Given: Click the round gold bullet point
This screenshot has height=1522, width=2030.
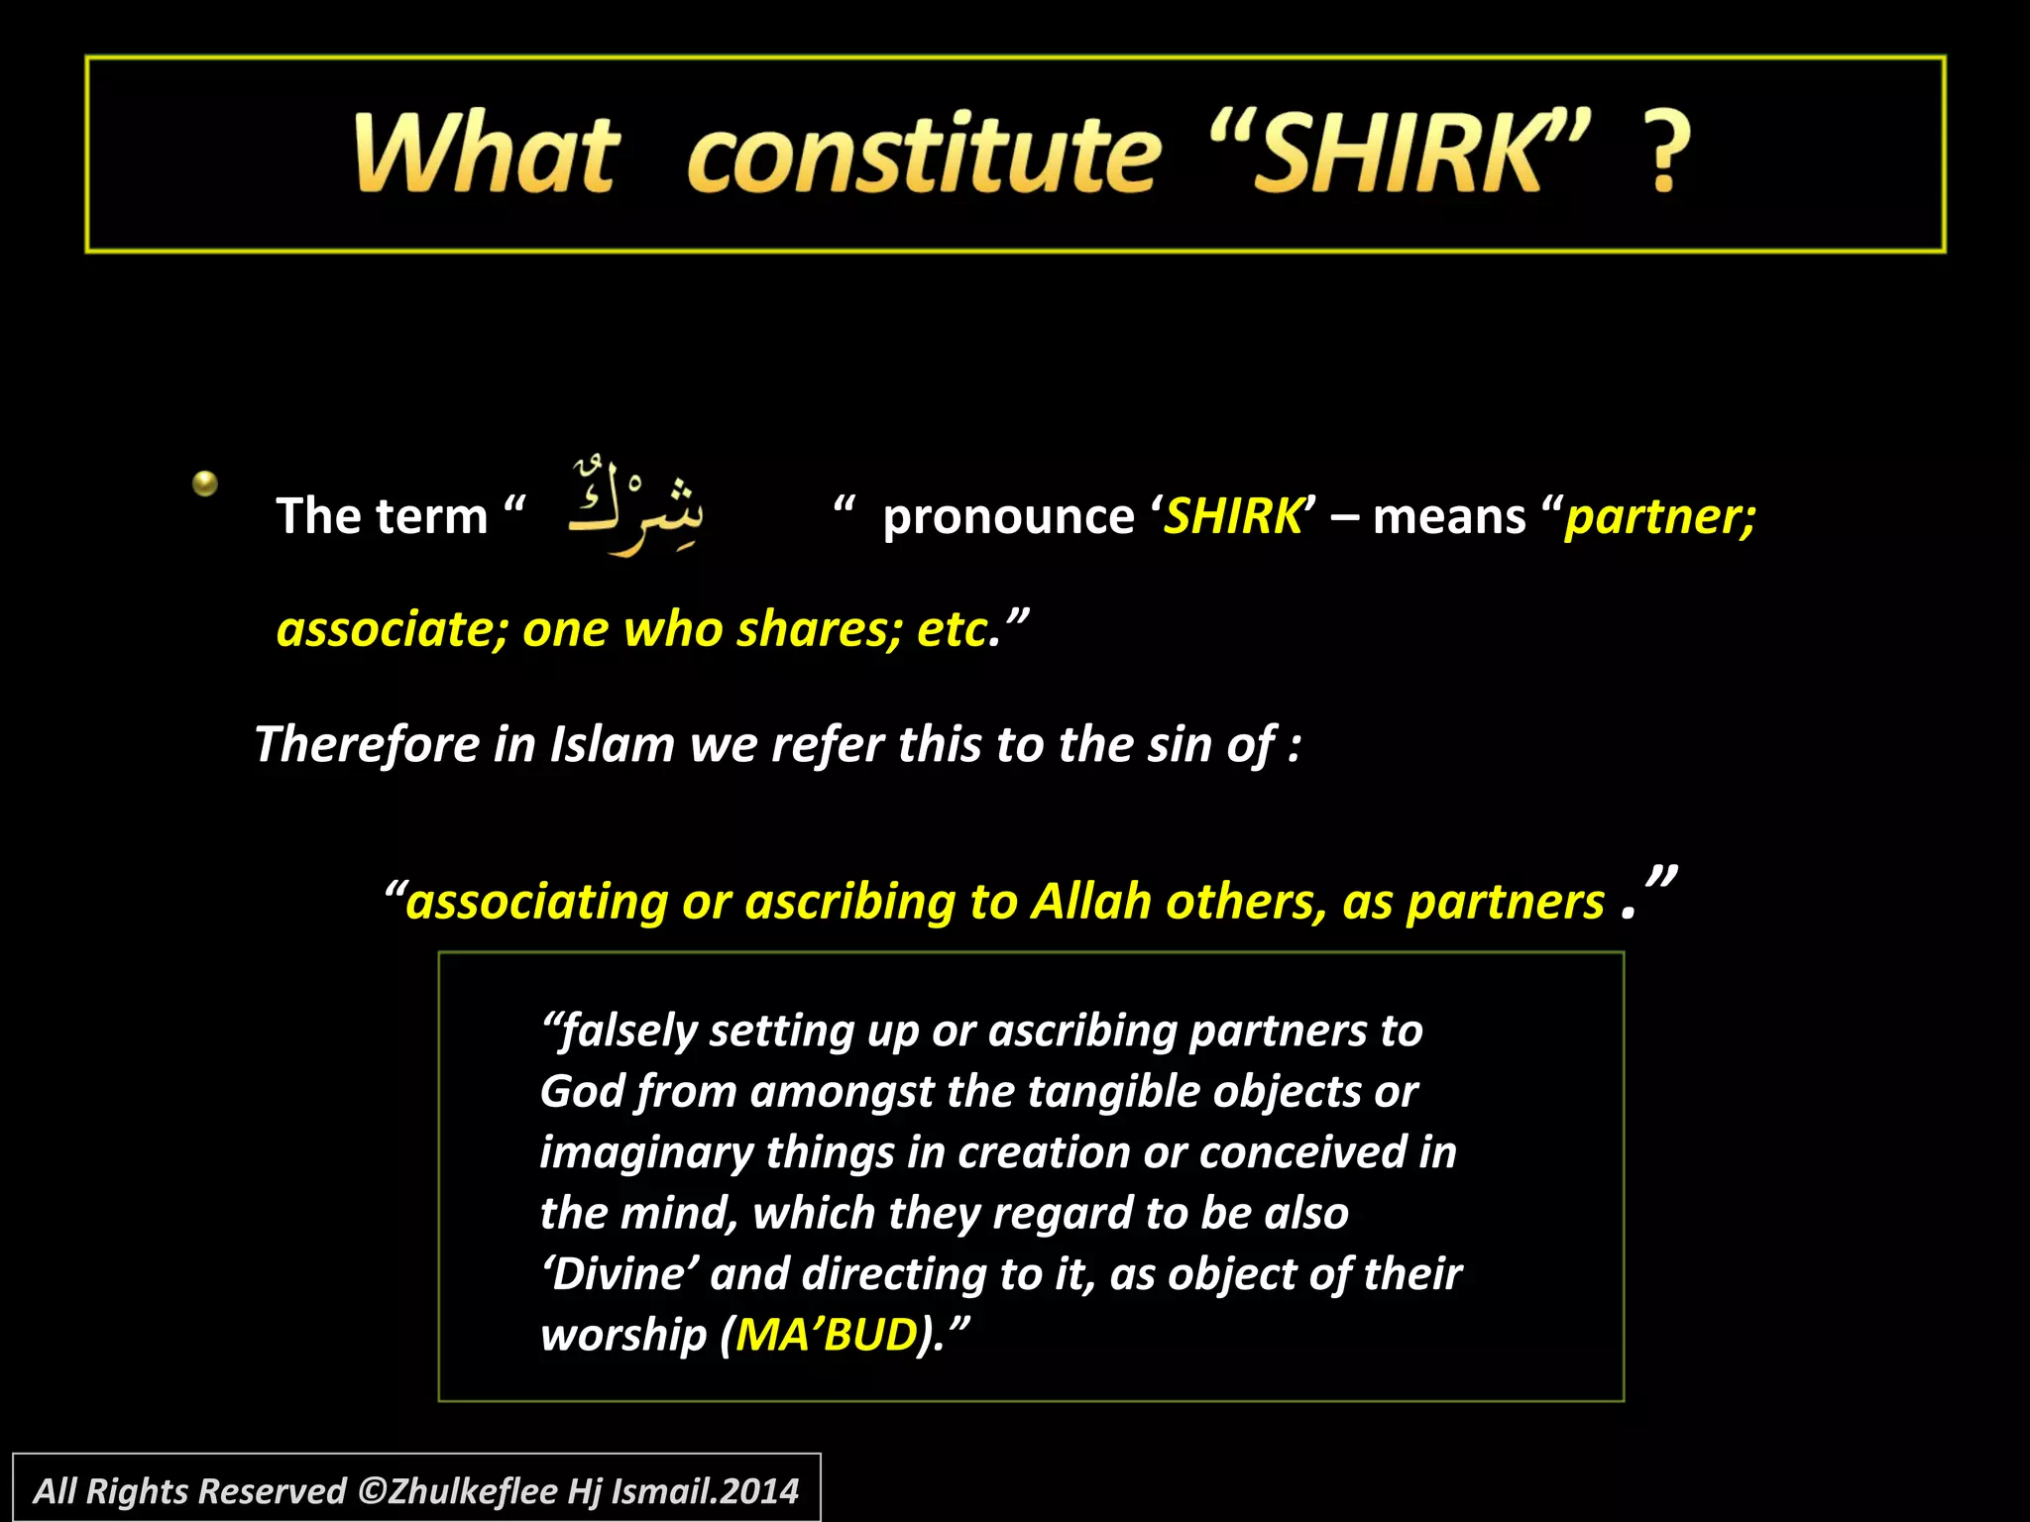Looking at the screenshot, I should (205, 484).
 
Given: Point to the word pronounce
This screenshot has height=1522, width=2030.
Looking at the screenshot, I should (1008, 517).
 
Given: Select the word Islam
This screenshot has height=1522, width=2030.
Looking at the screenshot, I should (612, 744).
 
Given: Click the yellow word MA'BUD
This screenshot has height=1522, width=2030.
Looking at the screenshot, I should (827, 1335).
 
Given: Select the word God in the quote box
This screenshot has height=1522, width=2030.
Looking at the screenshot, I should (581, 1092).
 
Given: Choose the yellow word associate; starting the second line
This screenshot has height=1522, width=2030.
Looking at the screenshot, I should (392, 629).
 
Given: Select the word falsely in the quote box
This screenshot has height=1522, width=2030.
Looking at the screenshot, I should (628, 1032).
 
